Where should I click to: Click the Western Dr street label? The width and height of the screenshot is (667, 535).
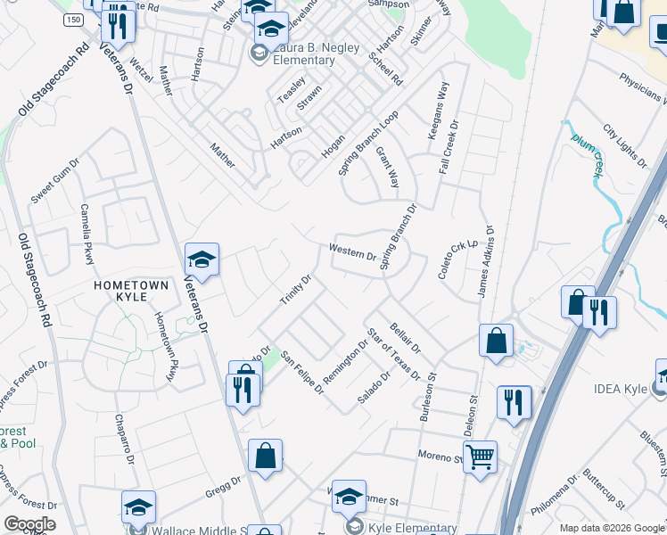[x=352, y=253]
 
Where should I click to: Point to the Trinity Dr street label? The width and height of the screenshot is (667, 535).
[x=295, y=291]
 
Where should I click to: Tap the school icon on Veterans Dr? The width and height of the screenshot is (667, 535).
[x=202, y=261]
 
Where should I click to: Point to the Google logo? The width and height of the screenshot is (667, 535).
[x=29, y=524]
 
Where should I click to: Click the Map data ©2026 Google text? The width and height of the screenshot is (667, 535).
[x=612, y=528]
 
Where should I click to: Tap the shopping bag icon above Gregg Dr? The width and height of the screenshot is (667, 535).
[x=265, y=457]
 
